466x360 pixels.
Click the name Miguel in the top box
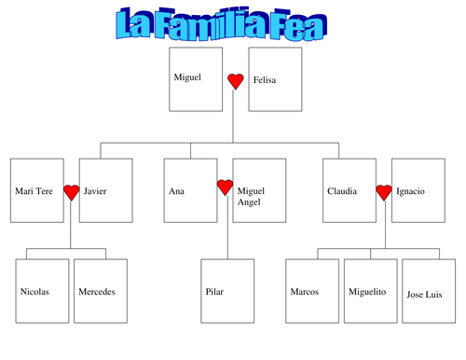[x=187, y=77]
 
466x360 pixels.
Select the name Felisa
[x=265, y=80]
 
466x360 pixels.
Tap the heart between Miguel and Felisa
[x=236, y=81]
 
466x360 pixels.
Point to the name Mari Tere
[x=34, y=191]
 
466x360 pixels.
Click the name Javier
[x=95, y=191]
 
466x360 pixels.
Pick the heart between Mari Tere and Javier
[x=72, y=193]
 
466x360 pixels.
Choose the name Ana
[x=176, y=191]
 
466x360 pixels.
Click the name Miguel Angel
[x=251, y=197]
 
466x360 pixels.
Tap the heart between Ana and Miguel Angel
[x=225, y=187]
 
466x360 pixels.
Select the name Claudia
[x=342, y=191]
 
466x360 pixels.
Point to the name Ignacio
[x=410, y=191]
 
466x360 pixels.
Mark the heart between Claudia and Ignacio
[x=384, y=193]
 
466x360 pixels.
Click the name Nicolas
[x=34, y=292]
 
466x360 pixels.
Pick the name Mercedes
[x=97, y=292]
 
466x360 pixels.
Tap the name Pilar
[x=214, y=292]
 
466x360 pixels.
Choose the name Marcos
[x=305, y=292]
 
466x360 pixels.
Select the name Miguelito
[x=367, y=292]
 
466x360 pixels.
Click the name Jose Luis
[x=424, y=295]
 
